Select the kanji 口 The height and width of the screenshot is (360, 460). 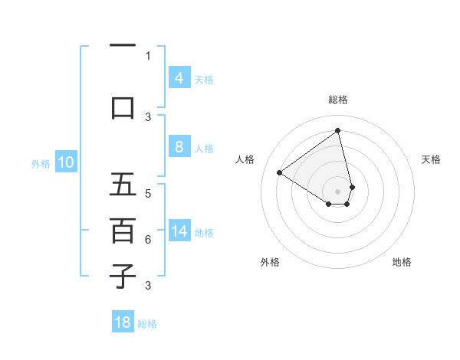(x=123, y=107)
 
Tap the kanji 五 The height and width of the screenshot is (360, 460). (x=123, y=185)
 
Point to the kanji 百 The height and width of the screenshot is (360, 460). (x=123, y=231)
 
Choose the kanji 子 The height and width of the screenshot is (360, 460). (x=123, y=277)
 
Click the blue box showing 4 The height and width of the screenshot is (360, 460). (x=179, y=78)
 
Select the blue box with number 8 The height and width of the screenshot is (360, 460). (x=179, y=147)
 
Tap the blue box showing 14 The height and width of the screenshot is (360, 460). (x=179, y=231)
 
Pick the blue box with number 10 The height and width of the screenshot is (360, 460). (x=65, y=162)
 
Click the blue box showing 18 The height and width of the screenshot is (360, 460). (x=123, y=322)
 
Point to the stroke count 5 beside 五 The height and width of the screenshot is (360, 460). (x=148, y=193)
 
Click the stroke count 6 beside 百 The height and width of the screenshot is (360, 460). (x=148, y=240)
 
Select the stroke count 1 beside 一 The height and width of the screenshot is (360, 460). (x=148, y=55)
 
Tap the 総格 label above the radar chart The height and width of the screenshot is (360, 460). (x=337, y=100)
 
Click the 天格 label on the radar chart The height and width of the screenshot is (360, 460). (x=431, y=159)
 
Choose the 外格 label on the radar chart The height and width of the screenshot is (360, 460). (x=270, y=262)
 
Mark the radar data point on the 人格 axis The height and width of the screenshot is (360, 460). (x=280, y=173)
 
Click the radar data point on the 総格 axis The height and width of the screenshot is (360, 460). (x=337, y=130)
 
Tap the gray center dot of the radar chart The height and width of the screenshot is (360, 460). (x=337, y=191)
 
